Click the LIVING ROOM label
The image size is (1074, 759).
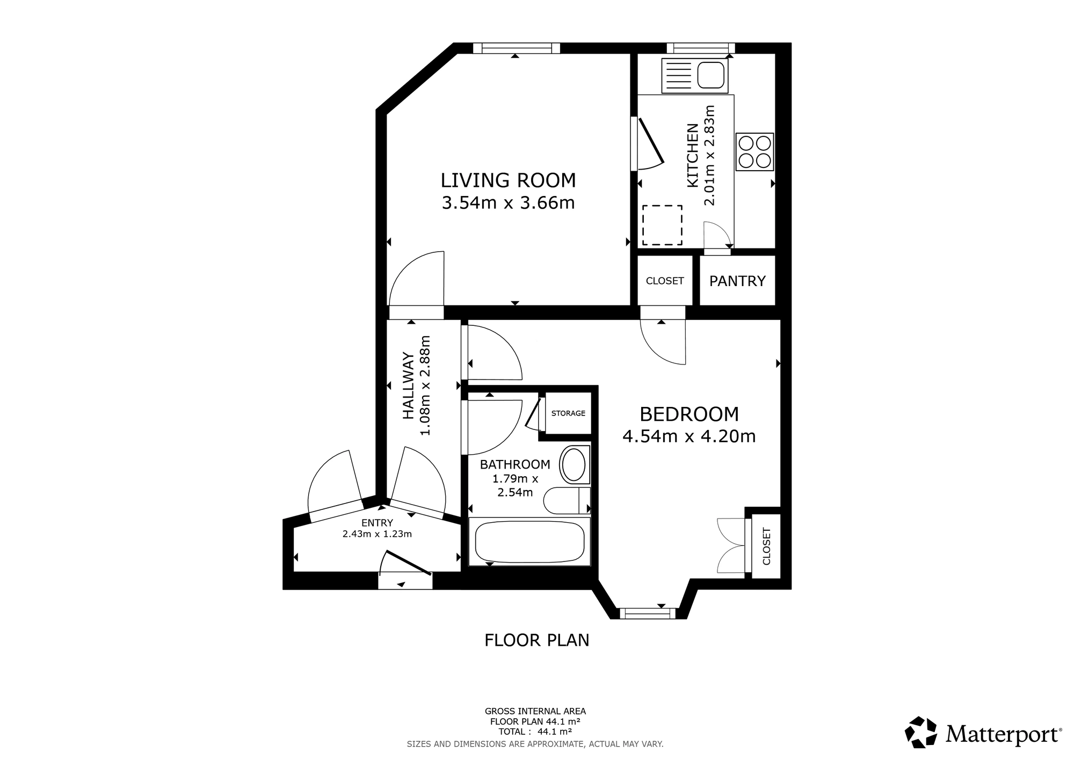coord(508,180)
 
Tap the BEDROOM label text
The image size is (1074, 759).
coord(690,414)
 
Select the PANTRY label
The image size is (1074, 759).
coord(737,281)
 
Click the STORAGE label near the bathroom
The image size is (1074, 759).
coord(568,413)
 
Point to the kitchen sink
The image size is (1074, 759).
coord(695,75)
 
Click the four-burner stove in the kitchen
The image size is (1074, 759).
coord(754,152)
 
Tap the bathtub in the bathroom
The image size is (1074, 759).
coord(529,541)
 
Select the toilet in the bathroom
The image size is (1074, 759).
coord(567,501)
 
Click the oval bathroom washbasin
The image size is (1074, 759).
coord(574,464)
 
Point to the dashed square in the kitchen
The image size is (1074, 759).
coord(662,225)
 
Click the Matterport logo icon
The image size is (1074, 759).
coord(921,732)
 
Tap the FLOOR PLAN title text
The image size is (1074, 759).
coord(537,640)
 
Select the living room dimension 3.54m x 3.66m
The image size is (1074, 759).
coord(508,203)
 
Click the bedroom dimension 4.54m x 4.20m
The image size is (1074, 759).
coord(689,436)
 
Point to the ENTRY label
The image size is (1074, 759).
coord(377,523)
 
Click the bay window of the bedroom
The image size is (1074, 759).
coord(647,612)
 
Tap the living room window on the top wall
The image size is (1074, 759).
coord(516,48)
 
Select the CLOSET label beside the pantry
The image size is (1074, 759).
coord(665,281)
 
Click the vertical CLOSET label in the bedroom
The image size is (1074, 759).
coord(766,546)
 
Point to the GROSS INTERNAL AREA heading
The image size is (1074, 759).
coord(535,711)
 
